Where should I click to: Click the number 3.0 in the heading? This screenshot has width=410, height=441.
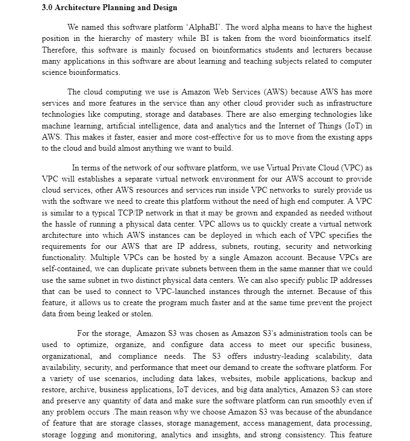[x=47, y=8]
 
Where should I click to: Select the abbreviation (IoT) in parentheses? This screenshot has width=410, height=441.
[x=354, y=126]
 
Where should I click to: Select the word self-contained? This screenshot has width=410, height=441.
[x=63, y=269]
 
